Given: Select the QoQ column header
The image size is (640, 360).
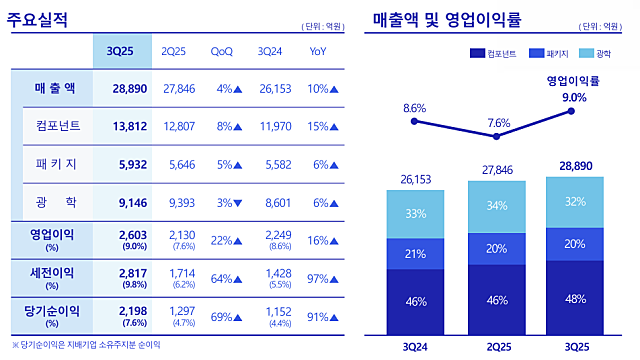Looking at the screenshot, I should pos(223,51).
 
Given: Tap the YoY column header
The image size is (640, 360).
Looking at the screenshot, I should pos(318,51).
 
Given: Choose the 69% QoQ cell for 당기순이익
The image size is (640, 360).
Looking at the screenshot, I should pos(229,315).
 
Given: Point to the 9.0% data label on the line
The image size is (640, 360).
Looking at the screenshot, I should pos(574,96).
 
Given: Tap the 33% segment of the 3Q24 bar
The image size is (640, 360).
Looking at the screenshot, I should pos(415,213).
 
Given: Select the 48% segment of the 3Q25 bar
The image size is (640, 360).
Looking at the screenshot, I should pos(574,297).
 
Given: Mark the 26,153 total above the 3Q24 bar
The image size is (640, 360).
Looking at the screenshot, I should pos(415,179).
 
